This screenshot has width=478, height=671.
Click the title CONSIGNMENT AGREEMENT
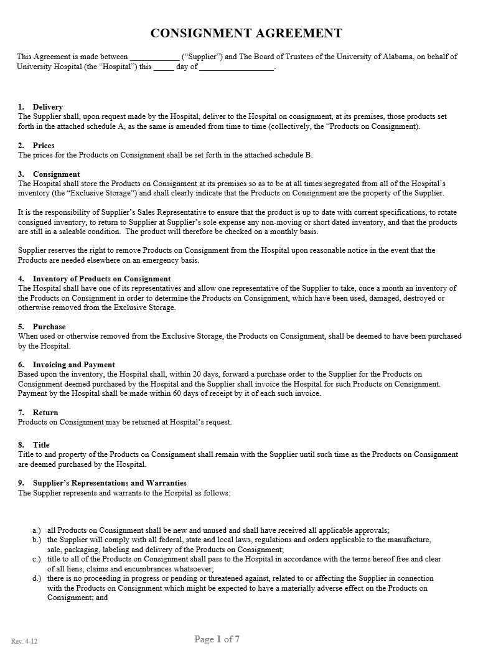[246, 33]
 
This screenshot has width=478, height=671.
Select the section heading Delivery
[48, 107]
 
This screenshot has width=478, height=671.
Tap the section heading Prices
[44, 146]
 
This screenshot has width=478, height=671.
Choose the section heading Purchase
[49, 327]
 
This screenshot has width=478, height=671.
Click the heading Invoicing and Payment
[73, 365]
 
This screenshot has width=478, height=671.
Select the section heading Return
[45, 413]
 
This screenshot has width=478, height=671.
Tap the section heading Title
[41, 445]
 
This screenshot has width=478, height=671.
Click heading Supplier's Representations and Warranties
[110, 483]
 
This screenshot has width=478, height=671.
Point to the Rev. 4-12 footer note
[24, 641]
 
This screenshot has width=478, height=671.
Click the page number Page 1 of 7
[217, 639]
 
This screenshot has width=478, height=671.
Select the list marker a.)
[37, 530]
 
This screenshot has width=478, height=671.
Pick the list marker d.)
[37, 578]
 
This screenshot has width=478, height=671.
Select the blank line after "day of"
[237, 67]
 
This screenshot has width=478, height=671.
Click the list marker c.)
[37, 559]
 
